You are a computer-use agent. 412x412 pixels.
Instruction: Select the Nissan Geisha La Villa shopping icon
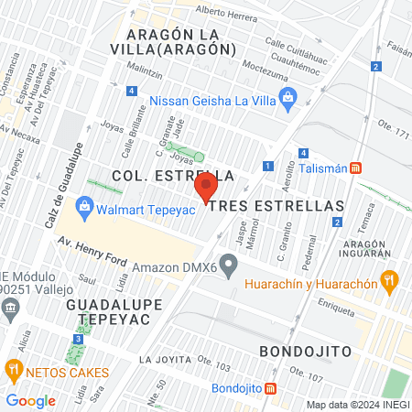[289, 99]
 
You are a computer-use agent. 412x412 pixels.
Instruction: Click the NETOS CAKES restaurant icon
[14, 372]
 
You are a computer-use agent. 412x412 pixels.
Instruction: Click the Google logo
[30, 400]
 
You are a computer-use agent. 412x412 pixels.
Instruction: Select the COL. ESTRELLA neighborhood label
[172, 174]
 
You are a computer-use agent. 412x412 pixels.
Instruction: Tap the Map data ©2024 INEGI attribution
[357, 404]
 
